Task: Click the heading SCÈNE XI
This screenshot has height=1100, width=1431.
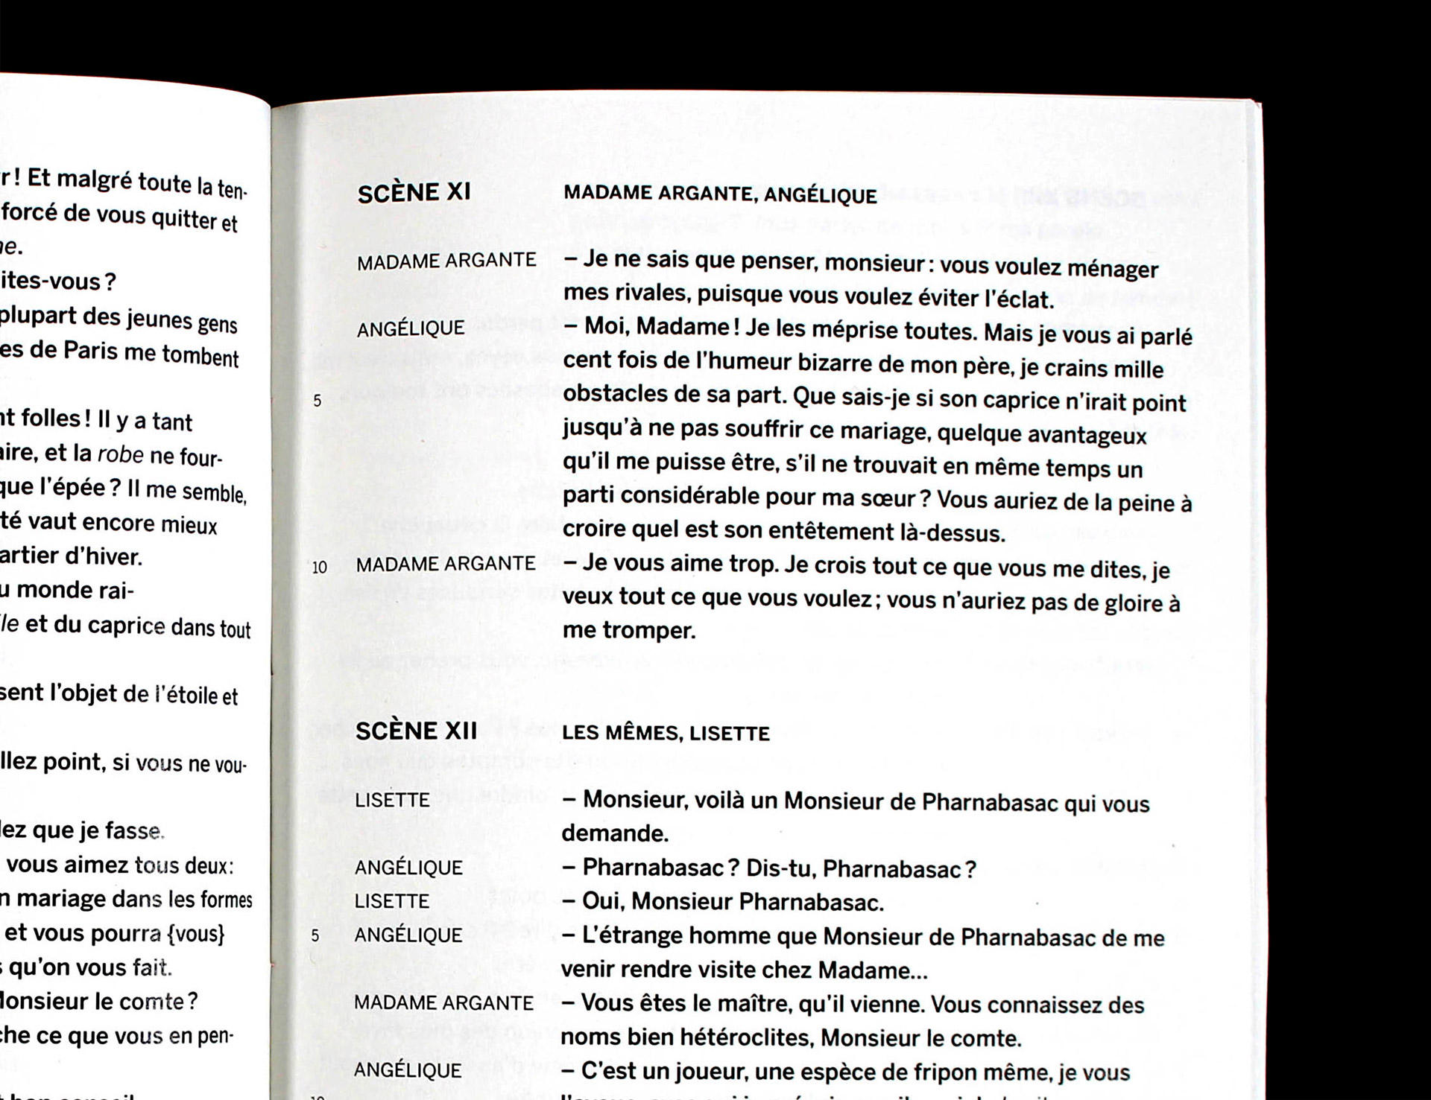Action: pyautogui.click(x=414, y=193)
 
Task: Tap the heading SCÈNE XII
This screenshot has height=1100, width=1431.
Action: pyautogui.click(x=416, y=731)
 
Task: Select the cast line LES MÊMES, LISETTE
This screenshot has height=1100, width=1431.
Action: pyautogui.click(x=666, y=734)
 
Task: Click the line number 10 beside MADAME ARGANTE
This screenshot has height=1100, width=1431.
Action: pyautogui.click(x=320, y=568)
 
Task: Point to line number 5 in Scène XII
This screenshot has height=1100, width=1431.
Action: pyautogui.click(x=315, y=935)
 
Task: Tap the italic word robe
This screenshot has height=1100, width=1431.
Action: pyautogui.click(x=120, y=454)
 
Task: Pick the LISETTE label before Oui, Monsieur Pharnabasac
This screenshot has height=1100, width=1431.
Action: pyautogui.click(x=392, y=902)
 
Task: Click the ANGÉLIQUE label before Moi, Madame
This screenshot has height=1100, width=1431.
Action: pyautogui.click(x=411, y=328)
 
